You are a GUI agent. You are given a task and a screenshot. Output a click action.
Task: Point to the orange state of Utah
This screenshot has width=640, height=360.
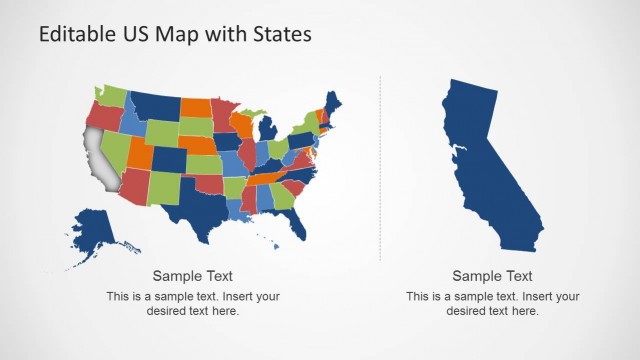[139, 150]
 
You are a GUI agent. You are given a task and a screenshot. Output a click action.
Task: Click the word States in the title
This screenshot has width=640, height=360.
[283, 33]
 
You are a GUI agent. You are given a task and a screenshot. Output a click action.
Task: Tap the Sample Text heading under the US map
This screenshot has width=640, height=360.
[193, 276]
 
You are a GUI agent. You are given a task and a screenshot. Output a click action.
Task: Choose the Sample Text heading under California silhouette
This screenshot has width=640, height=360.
[492, 276]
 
